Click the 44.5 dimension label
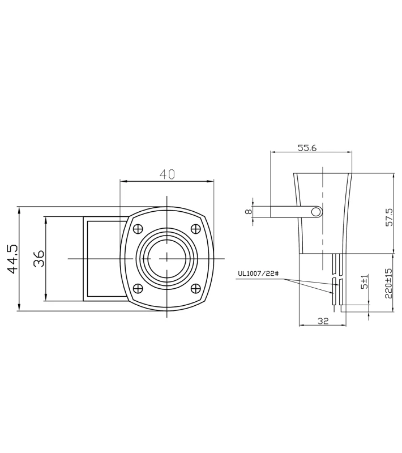[12, 259]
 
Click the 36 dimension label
[39, 259]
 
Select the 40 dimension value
[166, 174]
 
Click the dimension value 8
[248, 211]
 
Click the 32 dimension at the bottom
[323, 321]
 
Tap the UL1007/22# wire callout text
[259, 273]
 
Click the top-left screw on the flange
[137, 229]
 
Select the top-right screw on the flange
[196, 229]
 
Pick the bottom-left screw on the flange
[137, 288]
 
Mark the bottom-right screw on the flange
[196, 288]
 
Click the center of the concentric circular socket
[166, 258]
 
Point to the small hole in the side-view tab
[316, 212]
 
